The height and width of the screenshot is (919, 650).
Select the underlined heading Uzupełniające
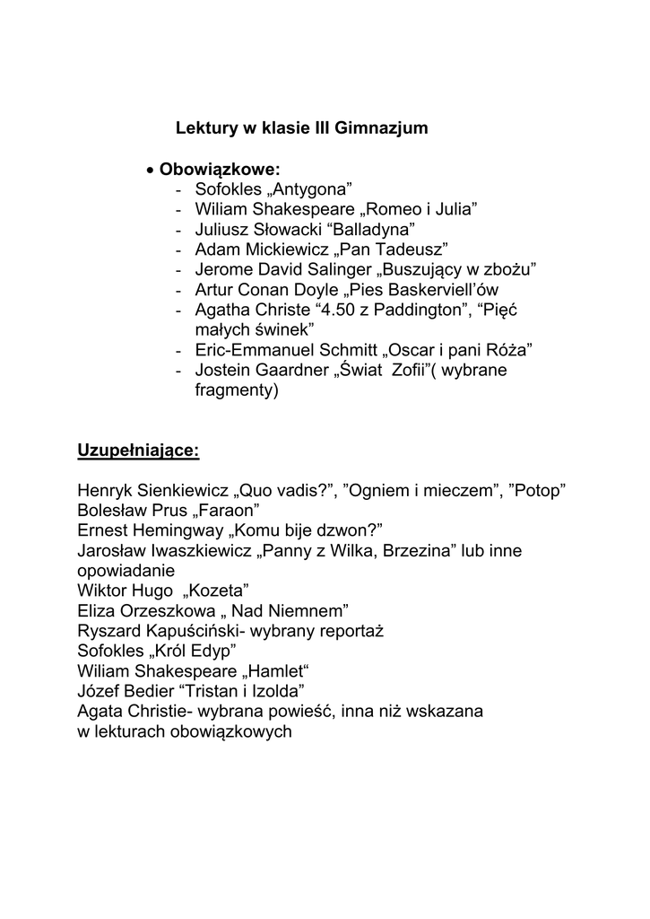139,450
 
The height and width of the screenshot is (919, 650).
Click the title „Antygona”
310,188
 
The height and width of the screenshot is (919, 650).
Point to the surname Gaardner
292,370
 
